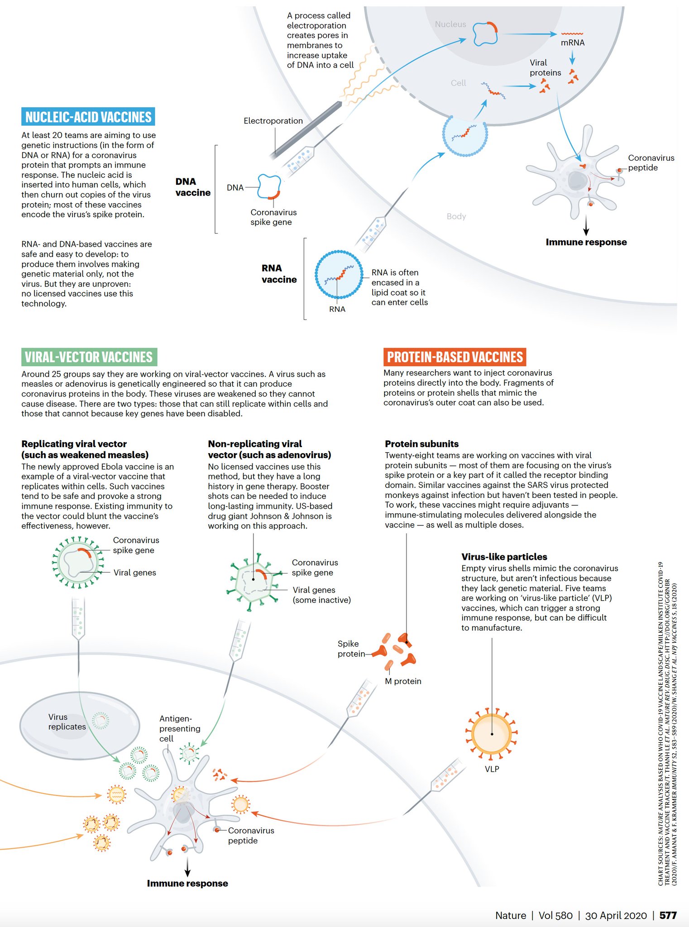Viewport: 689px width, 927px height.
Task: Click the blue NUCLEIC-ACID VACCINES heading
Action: [88, 117]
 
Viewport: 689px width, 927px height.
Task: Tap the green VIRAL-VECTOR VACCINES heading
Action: [89, 357]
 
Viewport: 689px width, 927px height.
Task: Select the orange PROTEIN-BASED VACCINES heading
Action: [455, 357]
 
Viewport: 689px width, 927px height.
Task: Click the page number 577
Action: [668, 915]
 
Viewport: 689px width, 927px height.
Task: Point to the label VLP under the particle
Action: [492, 769]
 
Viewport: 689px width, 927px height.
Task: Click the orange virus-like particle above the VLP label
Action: [492, 733]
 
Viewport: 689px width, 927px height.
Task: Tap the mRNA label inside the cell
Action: [573, 43]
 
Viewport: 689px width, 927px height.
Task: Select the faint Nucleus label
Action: [450, 24]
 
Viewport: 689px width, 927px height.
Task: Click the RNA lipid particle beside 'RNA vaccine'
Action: [339, 274]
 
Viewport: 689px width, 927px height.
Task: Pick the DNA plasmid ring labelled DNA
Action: [270, 186]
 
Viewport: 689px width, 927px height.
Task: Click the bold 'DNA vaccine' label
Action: [193, 187]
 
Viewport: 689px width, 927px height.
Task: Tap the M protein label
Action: [403, 681]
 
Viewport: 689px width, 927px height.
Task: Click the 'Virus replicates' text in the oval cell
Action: [67, 722]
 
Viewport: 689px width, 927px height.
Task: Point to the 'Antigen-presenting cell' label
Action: [180, 728]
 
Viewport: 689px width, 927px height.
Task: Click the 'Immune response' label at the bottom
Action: [187, 884]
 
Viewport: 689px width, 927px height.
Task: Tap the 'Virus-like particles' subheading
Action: [504, 557]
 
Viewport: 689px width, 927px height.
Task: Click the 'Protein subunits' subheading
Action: [421, 444]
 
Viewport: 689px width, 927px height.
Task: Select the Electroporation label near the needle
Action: [273, 121]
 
